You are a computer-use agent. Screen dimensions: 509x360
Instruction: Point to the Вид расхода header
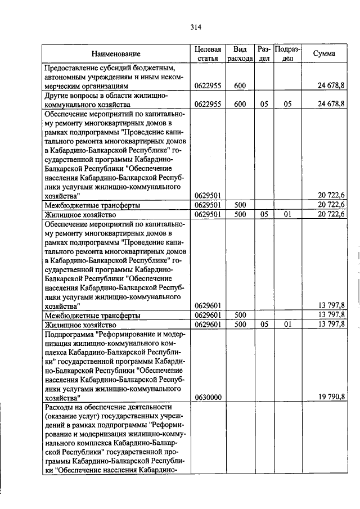(x=240, y=53)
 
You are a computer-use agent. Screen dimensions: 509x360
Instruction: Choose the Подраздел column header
(x=287, y=53)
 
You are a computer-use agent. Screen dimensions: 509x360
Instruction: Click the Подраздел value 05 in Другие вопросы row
(x=287, y=104)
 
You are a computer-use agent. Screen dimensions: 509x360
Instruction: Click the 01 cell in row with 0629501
(x=287, y=215)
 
